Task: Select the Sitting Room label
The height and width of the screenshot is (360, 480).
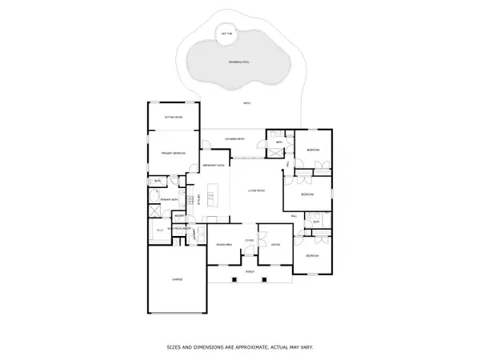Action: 174,117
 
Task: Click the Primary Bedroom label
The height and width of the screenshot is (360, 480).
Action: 173,152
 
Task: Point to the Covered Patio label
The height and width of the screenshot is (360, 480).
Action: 235,138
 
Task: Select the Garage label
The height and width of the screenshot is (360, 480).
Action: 177,279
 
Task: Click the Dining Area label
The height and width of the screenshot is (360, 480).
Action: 223,244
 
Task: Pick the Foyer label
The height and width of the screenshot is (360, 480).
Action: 250,239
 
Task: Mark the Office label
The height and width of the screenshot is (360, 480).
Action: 274,244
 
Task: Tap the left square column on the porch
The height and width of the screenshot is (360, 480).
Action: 234,279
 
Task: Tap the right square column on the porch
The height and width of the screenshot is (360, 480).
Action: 266,279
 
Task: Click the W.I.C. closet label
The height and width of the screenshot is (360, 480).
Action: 160,230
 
